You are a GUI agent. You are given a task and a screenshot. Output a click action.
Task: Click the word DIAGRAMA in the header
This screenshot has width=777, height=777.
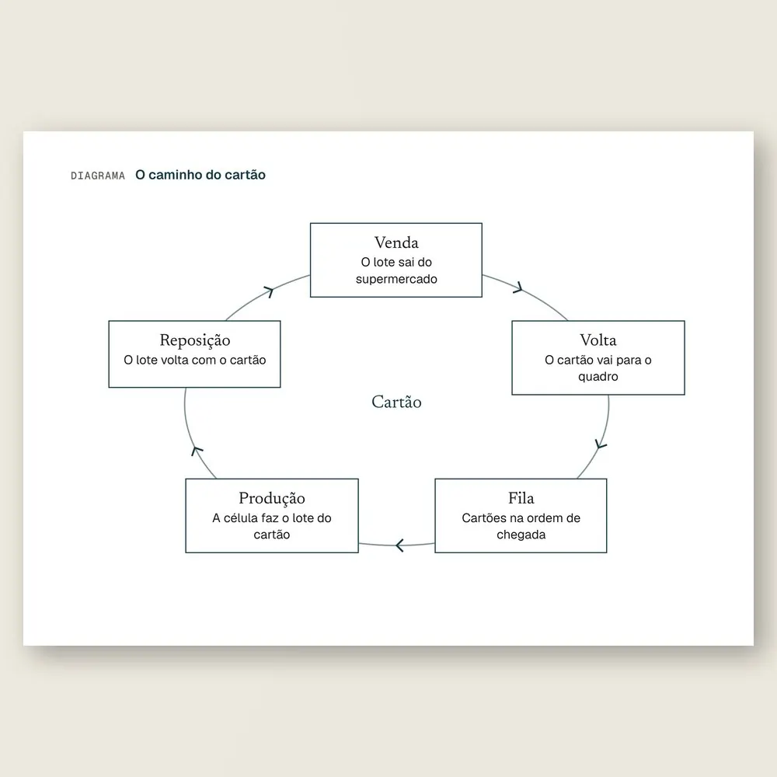pyautogui.click(x=98, y=176)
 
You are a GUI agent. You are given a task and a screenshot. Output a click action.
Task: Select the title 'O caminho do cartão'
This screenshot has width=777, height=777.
pyautogui.click(x=200, y=175)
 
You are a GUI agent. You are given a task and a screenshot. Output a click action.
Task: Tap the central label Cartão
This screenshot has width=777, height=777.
pyautogui.click(x=396, y=402)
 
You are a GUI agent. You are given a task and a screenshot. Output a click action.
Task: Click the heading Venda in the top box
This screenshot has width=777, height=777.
pyautogui.click(x=396, y=242)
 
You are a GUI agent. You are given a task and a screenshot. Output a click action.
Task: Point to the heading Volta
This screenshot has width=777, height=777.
pyautogui.click(x=598, y=340)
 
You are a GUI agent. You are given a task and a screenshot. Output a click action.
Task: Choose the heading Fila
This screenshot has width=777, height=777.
pyautogui.click(x=521, y=497)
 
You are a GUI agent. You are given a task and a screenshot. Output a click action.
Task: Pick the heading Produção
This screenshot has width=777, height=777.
pyautogui.click(x=271, y=499)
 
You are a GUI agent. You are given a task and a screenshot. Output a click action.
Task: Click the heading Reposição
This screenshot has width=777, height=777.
pyautogui.click(x=195, y=340)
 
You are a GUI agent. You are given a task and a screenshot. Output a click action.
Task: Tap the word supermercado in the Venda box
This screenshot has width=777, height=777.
pyautogui.click(x=396, y=279)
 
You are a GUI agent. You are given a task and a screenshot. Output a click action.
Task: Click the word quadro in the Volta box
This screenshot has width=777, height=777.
pyautogui.click(x=598, y=377)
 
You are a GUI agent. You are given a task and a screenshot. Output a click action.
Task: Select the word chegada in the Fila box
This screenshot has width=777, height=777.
pyautogui.click(x=521, y=535)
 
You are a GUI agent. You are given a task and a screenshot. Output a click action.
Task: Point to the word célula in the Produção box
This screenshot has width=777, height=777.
pyautogui.click(x=241, y=517)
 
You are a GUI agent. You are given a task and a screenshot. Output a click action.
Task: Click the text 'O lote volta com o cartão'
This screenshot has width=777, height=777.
pyautogui.click(x=195, y=360)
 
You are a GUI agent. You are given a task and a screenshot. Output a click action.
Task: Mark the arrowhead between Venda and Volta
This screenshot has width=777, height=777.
pyautogui.click(x=517, y=288)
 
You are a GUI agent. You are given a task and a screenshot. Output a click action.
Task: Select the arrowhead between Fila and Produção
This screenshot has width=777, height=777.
pyautogui.click(x=400, y=545)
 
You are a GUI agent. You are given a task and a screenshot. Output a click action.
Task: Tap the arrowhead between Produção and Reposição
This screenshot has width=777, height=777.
pyautogui.click(x=197, y=451)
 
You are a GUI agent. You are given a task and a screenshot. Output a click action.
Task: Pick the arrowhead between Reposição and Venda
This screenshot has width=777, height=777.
pyautogui.click(x=269, y=291)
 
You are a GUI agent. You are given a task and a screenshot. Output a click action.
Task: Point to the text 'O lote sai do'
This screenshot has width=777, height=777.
pyautogui.click(x=396, y=262)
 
